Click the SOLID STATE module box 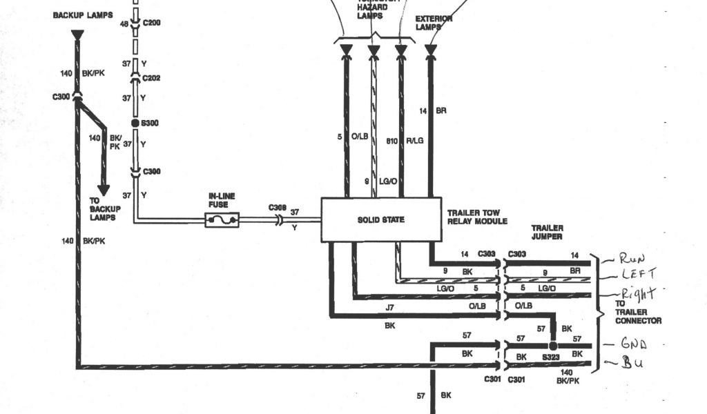click(x=381, y=219)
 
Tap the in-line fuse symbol click(x=222, y=220)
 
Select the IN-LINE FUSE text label click(x=222, y=200)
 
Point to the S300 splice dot click(x=135, y=122)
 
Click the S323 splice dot click(x=552, y=345)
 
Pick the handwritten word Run click(x=632, y=259)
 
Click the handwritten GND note click(x=634, y=344)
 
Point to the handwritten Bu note click(x=632, y=363)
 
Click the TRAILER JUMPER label click(x=547, y=233)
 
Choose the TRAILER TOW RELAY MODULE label click(x=477, y=217)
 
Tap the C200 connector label click(x=151, y=23)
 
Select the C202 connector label click(x=151, y=78)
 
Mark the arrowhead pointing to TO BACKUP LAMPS click(x=104, y=189)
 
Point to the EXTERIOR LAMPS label click(x=434, y=23)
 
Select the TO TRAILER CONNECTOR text click(x=639, y=311)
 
